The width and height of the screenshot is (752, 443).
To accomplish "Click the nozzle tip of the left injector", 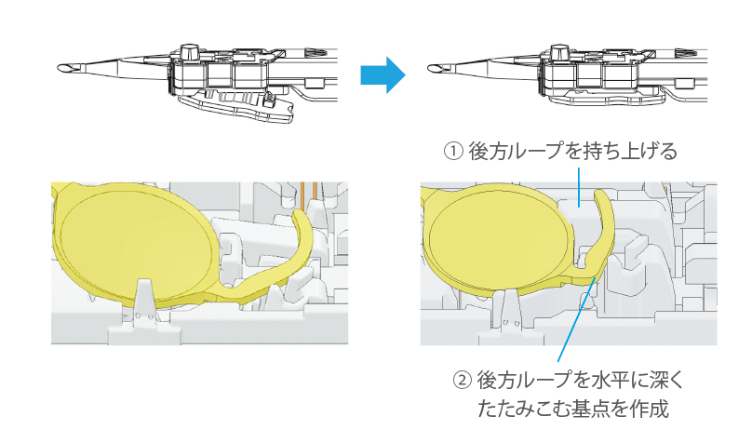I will pos(65,70).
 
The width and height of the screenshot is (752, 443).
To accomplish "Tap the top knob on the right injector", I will pos(562,48).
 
